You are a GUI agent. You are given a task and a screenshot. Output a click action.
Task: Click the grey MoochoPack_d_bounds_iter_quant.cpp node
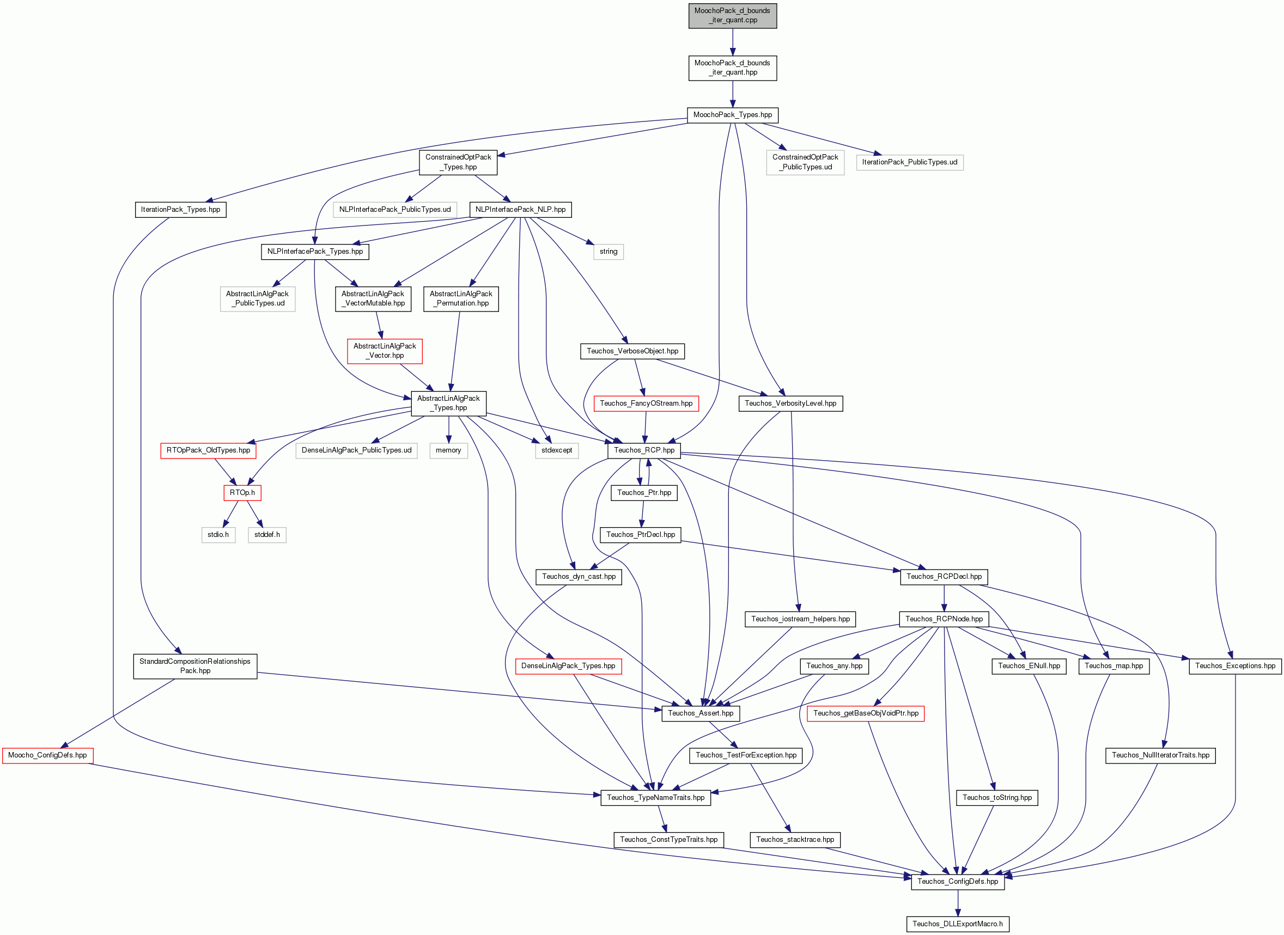[x=733, y=15]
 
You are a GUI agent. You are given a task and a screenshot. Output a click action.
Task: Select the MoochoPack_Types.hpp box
[x=733, y=115]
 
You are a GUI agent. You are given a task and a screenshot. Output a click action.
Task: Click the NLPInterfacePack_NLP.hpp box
[x=520, y=210]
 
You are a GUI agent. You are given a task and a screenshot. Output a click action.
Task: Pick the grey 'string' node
[x=608, y=251]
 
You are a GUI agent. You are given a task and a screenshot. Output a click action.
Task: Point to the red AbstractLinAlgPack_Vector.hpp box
[x=385, y=351]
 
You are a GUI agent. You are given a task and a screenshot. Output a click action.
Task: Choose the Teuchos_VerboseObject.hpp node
[x=632, y=351]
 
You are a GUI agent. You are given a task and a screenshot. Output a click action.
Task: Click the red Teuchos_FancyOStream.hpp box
[x=646, y=404]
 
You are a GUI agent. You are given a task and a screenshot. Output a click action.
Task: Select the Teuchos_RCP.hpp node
[x=644, y=450]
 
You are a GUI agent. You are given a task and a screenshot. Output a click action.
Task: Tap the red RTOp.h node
[x=242, y=493]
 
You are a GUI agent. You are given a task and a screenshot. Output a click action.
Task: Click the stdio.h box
[x=218, y=535]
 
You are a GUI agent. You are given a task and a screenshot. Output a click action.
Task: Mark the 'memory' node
[x=448, y=450]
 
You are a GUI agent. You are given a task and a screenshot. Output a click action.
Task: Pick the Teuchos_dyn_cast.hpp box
[x=579, y=577]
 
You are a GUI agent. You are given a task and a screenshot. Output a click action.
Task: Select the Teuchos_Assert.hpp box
[x=701, y=714]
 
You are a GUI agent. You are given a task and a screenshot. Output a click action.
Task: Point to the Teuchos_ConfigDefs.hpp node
[x=958, y=882]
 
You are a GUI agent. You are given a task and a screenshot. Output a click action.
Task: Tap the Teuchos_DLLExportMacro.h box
[x=957, y=924]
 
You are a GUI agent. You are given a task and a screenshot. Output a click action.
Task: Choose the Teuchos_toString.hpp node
[x=997, y=798]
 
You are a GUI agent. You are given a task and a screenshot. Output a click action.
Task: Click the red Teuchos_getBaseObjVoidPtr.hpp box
[x=866, y=714]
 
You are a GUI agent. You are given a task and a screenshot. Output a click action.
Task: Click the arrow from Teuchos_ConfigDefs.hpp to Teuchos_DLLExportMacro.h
[x=958, y=903]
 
